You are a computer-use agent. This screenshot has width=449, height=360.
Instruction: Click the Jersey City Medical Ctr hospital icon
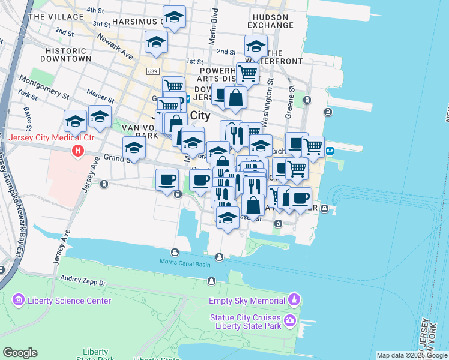click(x=77, y=151)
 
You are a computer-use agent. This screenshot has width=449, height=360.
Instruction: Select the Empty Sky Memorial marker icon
click(x=294, y=299)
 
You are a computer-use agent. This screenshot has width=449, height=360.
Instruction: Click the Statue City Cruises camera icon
click(x=291, y=321)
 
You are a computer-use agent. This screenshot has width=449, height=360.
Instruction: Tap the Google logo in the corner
click(x=20, y=353)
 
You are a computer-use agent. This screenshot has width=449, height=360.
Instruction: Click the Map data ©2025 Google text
click(x=411, y=355)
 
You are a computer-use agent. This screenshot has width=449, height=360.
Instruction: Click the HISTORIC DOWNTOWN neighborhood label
click(x=65, y=55)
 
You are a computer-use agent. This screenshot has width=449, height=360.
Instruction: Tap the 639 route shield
click(x=152, y=72)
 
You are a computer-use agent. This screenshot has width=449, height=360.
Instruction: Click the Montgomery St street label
click(x=45, y=87)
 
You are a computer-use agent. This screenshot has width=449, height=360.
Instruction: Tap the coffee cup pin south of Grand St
click(x=167, y=179)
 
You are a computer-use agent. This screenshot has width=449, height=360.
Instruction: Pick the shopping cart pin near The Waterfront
click(x=247, y=73)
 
